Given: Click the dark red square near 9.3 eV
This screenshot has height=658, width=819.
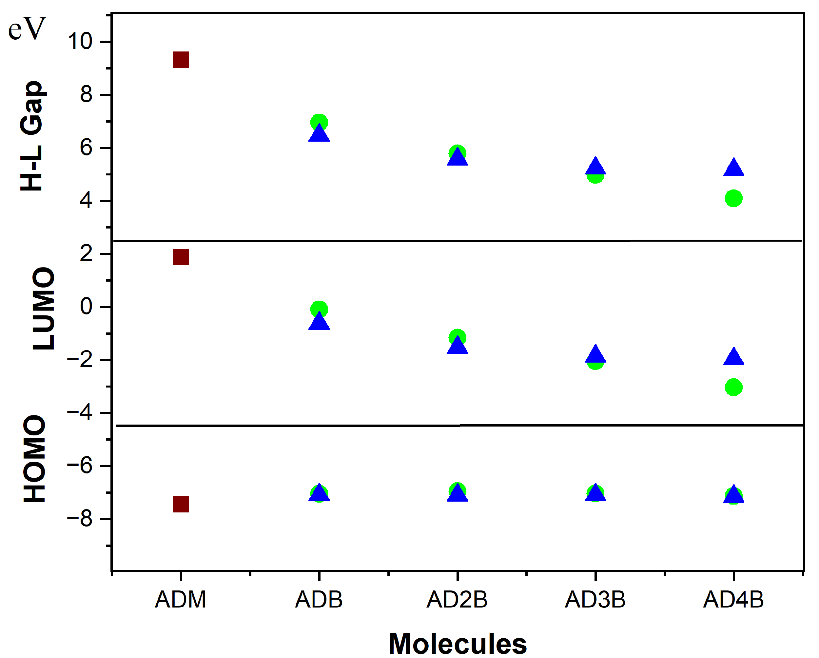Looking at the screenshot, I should [x=181, y=60].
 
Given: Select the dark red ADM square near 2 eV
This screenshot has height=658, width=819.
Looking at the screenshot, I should [x=181, y=257].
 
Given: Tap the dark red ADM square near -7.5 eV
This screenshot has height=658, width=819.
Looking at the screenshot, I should [x=181, y=505].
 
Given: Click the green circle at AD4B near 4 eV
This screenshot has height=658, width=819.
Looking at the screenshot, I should [x=733, y=198].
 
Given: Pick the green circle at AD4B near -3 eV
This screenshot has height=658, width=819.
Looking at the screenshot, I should [x=733, y=388].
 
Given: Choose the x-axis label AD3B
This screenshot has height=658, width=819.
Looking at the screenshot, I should [x=595, y=600].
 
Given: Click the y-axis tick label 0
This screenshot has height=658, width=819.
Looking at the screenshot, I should [x=86, y=307].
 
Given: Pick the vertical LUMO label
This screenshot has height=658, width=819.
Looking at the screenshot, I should [x=43, y=309].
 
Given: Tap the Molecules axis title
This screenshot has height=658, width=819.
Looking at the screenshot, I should [x=458, y=644].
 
